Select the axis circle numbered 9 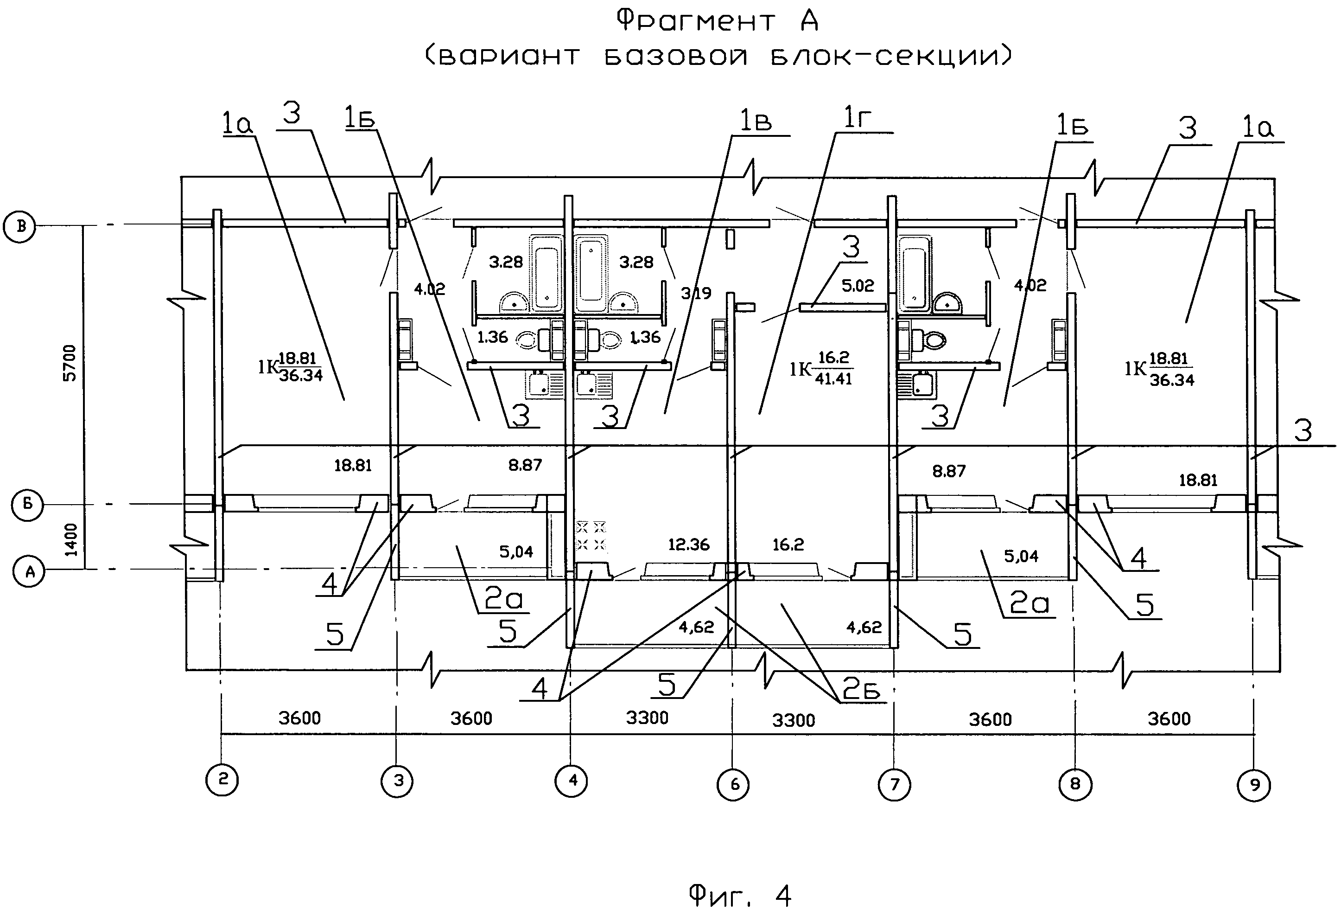1254,785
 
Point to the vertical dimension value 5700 69,363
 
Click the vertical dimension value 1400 70,539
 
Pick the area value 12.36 689,544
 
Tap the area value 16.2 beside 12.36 788,544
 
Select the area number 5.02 858,285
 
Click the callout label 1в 756,121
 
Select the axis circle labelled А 29,571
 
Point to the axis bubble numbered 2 222,780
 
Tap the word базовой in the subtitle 676,56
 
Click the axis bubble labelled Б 27,505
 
